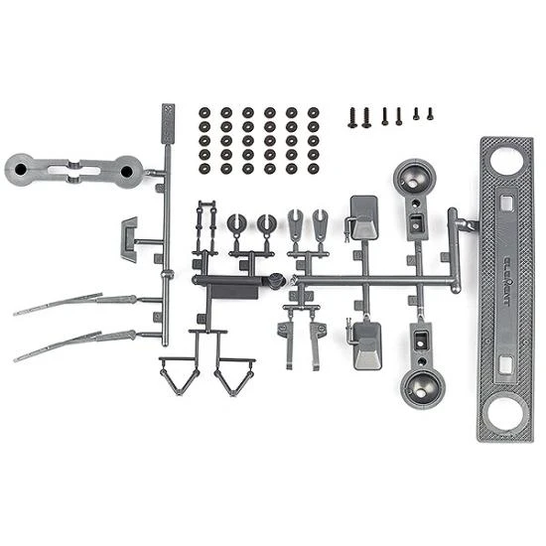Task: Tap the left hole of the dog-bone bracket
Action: [20, 171]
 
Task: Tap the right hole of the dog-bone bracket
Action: [126, 172]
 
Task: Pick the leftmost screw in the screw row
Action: [351, 117]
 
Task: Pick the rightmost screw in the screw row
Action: [430, 114]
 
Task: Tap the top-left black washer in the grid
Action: [204, 112]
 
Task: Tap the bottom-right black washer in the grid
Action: [314, 169]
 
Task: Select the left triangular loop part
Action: [180, 375]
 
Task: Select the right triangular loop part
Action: [235, 375]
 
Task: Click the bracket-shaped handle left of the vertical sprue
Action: [130, 237]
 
